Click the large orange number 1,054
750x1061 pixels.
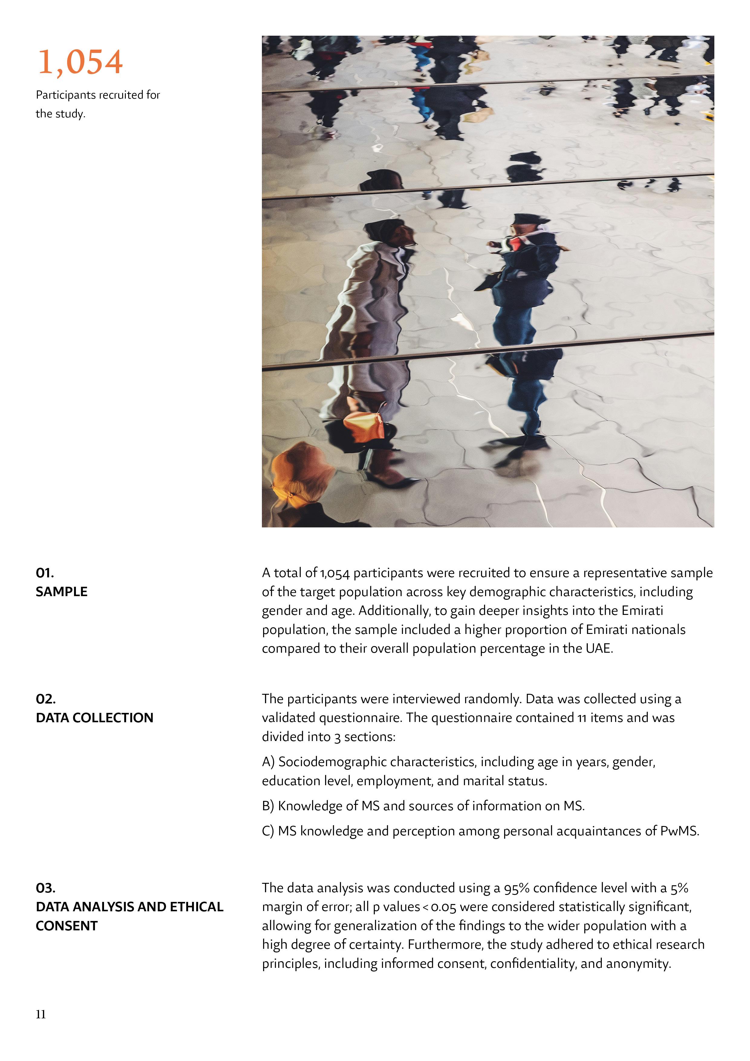pos(80,62)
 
